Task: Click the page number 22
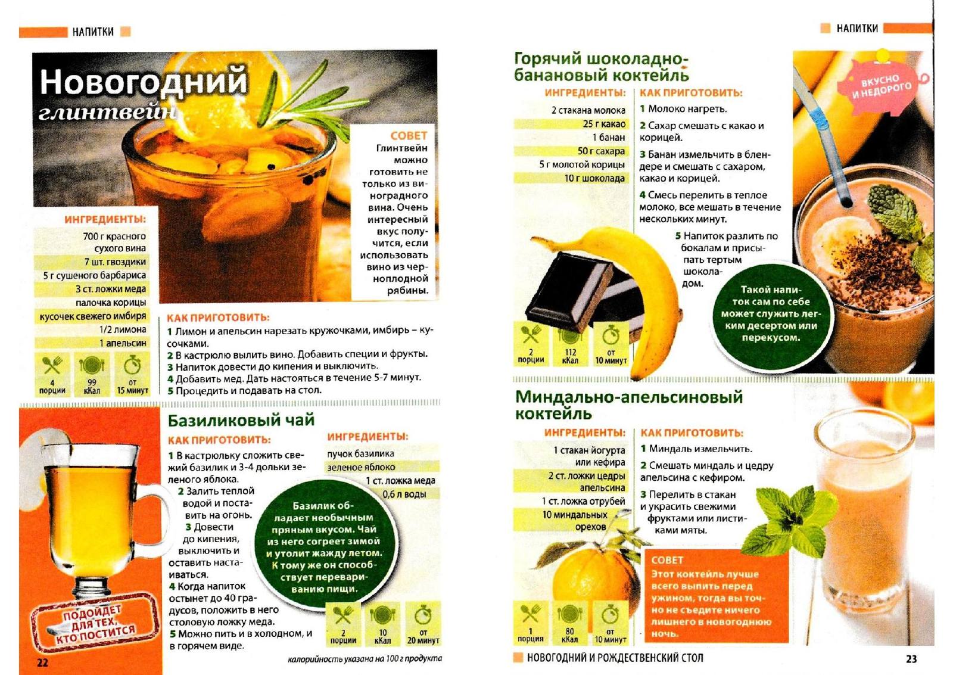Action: [42, 662]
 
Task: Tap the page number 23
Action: [911, 659]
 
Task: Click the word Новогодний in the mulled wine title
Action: [144, 82]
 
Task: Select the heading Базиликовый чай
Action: [241, 421]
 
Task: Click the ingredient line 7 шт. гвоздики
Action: [115, 262]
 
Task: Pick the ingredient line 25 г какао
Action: [604, 124]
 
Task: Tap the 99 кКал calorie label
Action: [92, 387]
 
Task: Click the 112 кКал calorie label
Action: [570, 357]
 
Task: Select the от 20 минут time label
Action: [423, 637]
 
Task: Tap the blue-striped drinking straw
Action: [826, 136]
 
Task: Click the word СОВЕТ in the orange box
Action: [667, 560]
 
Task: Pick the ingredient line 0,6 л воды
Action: [404, 494]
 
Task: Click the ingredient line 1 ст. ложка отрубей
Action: [583, 501]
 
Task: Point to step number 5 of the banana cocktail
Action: [678, 236]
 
